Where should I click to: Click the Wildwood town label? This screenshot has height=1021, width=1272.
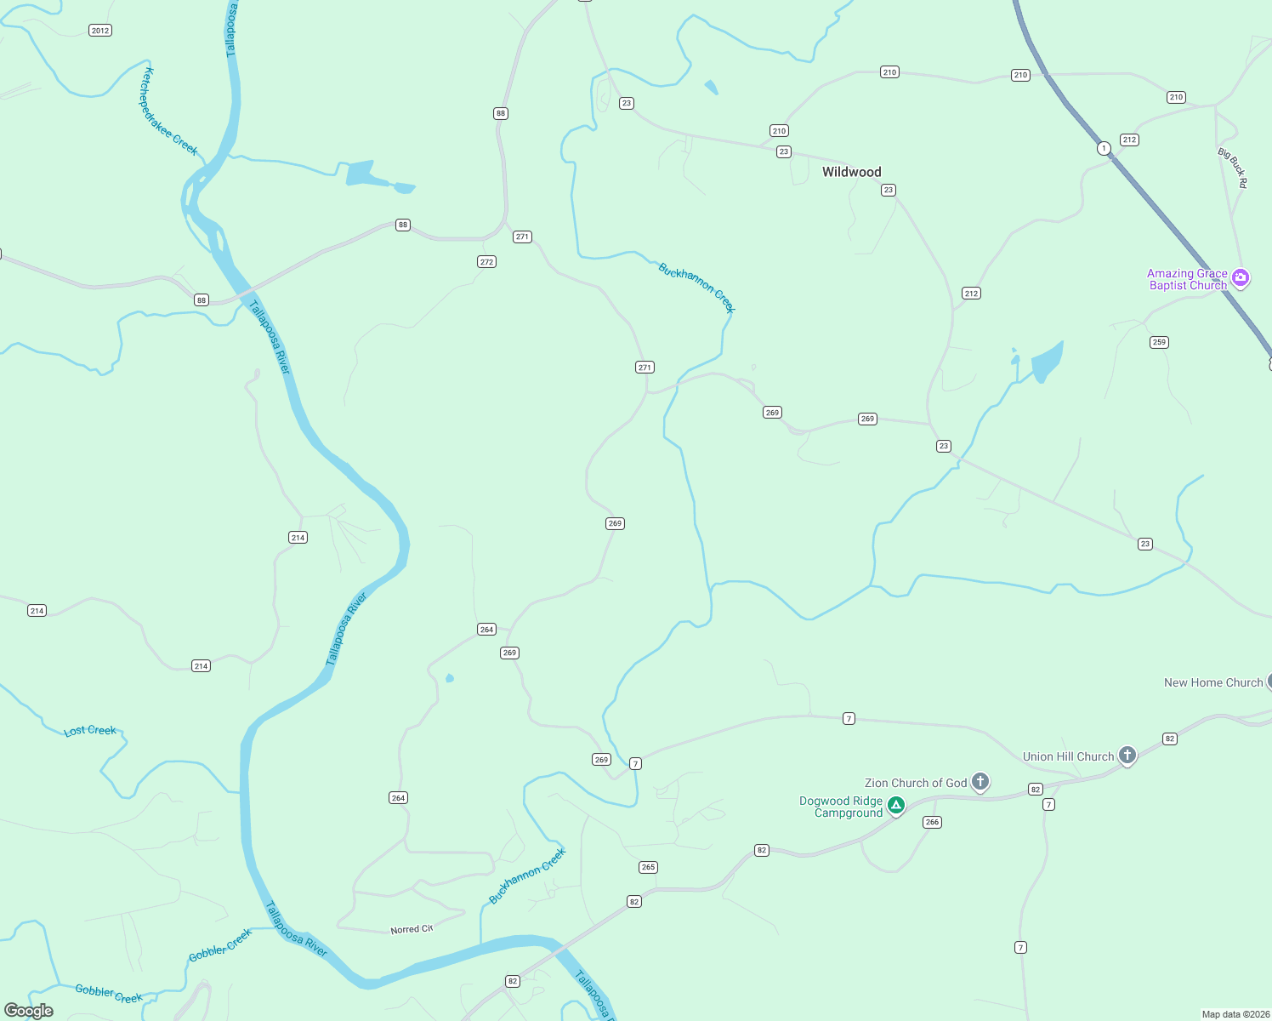pos(851,172)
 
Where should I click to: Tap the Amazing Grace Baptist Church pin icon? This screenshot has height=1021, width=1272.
pos(1241,277)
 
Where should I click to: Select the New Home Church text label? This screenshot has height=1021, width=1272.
pos(1212,682)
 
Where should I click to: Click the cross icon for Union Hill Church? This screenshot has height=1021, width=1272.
pos(1127,755)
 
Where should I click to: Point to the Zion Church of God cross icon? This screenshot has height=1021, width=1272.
pos(980,781)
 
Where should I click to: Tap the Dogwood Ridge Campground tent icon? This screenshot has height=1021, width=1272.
pos(895,805)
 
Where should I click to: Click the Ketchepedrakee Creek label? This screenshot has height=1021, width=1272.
pos(169,111)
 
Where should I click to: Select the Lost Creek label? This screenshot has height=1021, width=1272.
pos(90,731)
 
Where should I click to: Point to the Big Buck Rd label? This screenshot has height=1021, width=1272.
pos(1232,168)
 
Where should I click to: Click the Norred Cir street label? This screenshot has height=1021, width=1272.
pos(412,929)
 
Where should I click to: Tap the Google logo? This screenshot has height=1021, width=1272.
pos(29,1011)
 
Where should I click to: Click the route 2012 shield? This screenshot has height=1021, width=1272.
pos(100,31)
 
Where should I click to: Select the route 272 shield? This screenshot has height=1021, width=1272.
pos(486,262)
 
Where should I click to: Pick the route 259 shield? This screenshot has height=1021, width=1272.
pos(1159,342)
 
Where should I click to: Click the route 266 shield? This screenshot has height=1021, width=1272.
pos(932,822)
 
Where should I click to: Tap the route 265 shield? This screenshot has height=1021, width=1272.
pos(648,867)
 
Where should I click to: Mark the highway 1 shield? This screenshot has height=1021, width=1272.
pos(1104,148)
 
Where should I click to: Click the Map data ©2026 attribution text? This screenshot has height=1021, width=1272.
pos(1235,1014)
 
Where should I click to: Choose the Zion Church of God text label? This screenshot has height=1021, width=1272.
pos(915,783)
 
